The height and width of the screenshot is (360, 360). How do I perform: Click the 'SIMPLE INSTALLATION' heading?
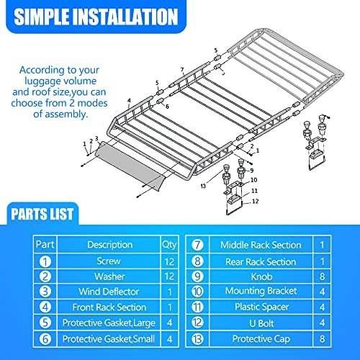[x=96, y=17]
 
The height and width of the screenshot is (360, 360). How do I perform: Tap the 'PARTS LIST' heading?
[x=42, y=214]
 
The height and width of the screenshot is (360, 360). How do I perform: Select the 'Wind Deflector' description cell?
[x=109, y=292]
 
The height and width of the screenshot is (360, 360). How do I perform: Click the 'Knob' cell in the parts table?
[x=261, y=276]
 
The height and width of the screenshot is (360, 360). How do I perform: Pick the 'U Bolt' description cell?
[x=261, y=323]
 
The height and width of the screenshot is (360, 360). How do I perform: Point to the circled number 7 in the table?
[x=197, y=245]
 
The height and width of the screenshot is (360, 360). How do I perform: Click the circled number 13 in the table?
[x=197, y=338]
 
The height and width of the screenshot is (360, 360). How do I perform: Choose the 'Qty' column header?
[x=169, y=245]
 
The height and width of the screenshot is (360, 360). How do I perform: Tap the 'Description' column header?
[x=109, y=245]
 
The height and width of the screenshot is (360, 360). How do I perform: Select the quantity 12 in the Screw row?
[x=169, y=261]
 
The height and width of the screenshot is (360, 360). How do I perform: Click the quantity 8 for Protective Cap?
[x=322, y=338]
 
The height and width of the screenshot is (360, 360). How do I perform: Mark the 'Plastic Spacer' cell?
[x=261, y=307]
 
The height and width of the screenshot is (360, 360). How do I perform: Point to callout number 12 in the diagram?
[x=256, y=201]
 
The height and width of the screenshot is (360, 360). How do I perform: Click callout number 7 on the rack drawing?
[x=182, y=69]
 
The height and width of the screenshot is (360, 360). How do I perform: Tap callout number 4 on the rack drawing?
[x=129, y=100]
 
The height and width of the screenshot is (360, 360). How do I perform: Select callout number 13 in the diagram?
[x=203, y=186]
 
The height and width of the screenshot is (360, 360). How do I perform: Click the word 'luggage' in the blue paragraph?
[x=40, y=81]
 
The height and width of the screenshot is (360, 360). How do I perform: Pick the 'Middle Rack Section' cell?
[x=261, y=245]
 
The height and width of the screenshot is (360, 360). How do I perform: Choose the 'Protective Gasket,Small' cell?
[x=109, y=339]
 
